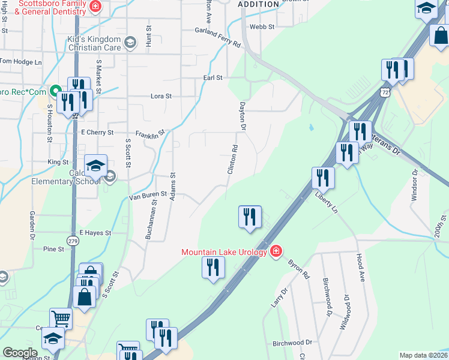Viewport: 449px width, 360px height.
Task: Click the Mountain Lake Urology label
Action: click(224, 252)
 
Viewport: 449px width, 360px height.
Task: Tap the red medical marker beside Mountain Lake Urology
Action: click(276, 250)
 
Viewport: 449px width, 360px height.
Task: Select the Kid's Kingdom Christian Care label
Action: click(94, 43)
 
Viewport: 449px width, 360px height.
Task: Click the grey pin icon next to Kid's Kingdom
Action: click(132, 41)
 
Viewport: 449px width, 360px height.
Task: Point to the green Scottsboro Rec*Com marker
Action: click(55, 92)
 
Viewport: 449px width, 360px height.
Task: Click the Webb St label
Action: click(262, 27)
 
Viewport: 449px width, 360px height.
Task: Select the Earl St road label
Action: click(212, 78)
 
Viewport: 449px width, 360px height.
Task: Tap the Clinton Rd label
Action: click(232, 160)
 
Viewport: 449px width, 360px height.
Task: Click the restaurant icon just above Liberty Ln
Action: click(323, 178)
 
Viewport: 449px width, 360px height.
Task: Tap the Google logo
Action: click(20, 353)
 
